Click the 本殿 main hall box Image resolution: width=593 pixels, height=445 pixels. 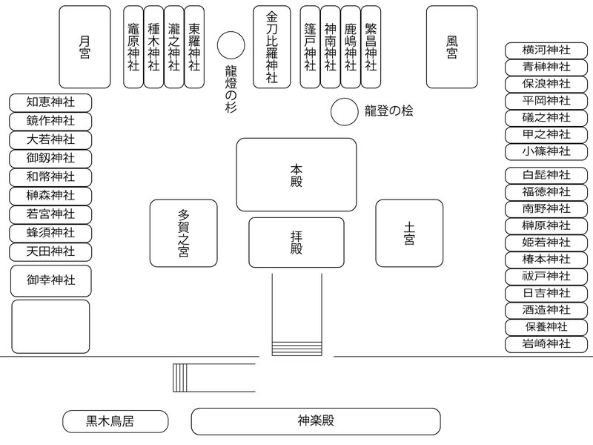296,174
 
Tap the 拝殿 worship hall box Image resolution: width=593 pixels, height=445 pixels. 296,243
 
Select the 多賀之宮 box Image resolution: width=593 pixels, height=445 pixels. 183,233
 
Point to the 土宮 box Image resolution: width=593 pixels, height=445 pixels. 408,233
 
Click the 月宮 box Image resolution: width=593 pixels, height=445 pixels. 85,47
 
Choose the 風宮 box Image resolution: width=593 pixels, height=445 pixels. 452,47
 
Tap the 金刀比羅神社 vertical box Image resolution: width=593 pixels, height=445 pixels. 272,47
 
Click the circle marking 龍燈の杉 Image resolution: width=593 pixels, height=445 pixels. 231,44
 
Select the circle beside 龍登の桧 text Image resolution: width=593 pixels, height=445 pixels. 344,112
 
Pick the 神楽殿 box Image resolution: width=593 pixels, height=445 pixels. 317,421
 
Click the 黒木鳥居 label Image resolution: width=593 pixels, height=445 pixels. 111,421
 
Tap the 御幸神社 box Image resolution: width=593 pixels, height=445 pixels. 50,280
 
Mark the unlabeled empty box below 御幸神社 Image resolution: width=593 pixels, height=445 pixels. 50,326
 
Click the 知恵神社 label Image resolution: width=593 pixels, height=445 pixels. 50,102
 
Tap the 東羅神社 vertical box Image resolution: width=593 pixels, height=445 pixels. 194,47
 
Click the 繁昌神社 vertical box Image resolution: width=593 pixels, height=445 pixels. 371,47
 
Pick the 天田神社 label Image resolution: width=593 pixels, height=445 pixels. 50,251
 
